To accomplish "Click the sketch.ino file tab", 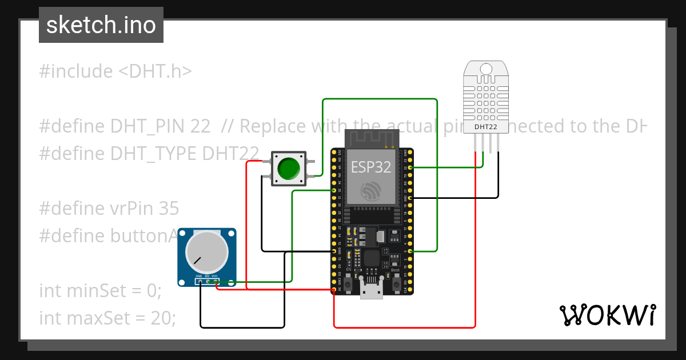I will [101, 25].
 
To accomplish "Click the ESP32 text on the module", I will [371, 167].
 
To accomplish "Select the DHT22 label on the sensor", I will [485, 126].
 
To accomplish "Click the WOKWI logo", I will [607, 315].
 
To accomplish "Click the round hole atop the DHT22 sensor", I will [485, 69].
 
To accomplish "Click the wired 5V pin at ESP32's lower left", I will [333, 290].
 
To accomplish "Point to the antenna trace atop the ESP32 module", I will [371, 138].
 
